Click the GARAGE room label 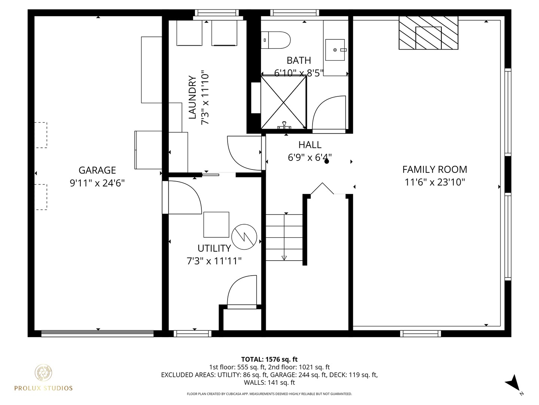pos(97,170)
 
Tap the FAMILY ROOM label pos(435,169)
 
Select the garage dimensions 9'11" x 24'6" pos(97,183)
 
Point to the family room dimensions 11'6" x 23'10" pos(435,182)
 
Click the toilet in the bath pos(276,40)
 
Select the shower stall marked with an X pos(284,102)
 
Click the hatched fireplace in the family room pos(428,33)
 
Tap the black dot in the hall pos(326,162)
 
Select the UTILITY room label pos(214,248)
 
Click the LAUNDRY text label pos(192,97)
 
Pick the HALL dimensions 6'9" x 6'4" pos(310,157)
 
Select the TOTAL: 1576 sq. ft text pos(269,360)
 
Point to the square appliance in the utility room pos(216,224)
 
